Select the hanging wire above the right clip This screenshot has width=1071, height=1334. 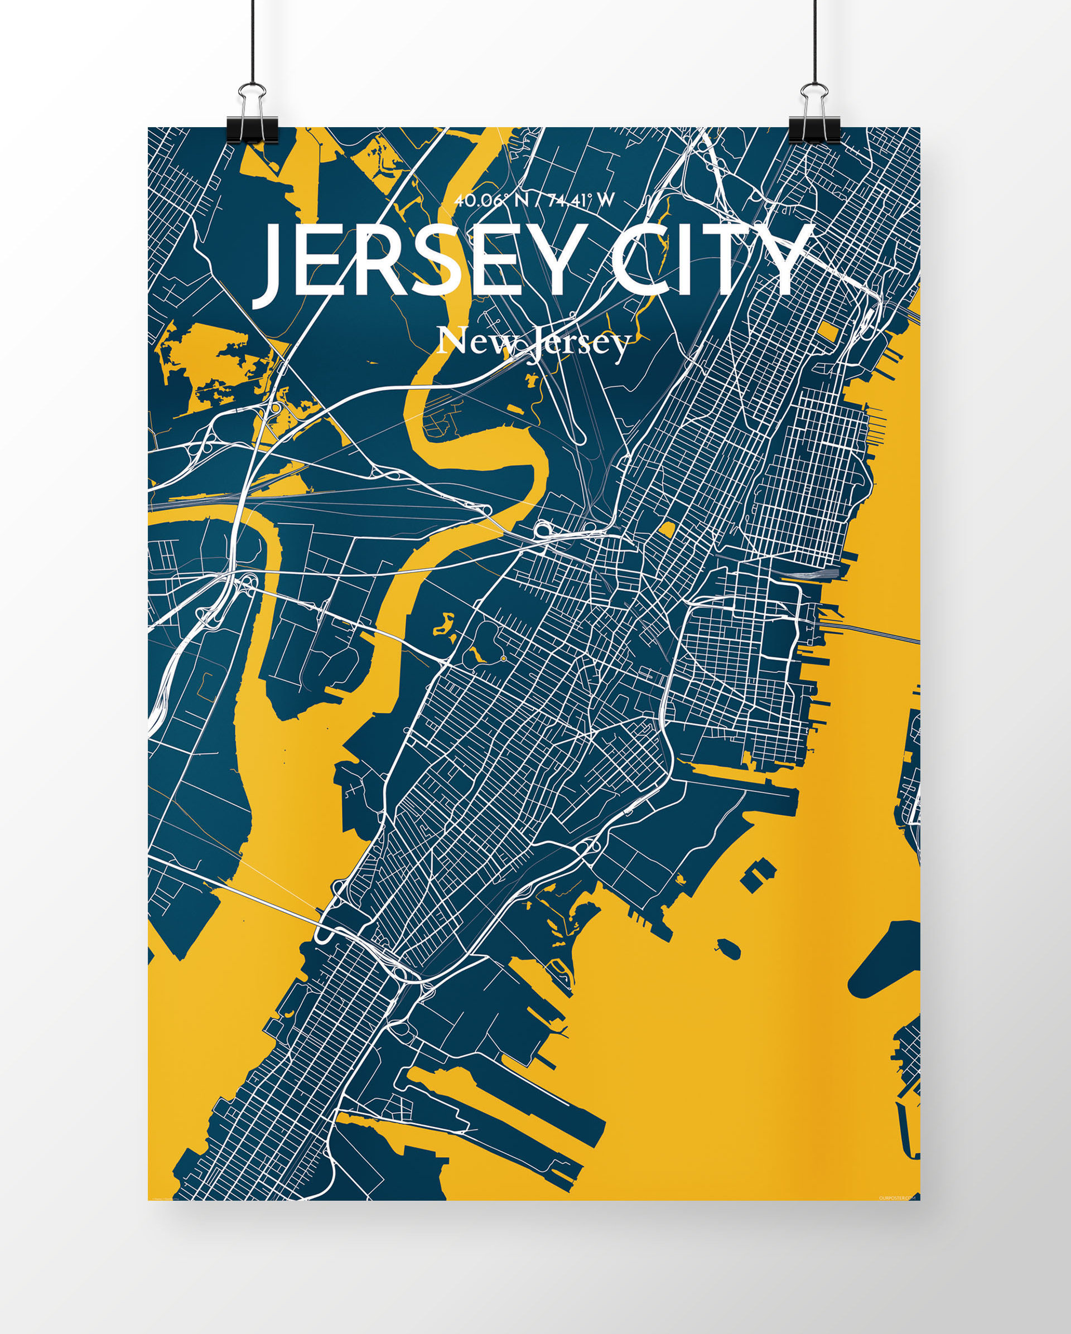815,37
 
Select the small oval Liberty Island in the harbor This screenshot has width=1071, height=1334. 729,948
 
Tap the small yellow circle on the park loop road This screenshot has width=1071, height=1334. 504,659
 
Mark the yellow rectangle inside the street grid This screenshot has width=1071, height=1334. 829,332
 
